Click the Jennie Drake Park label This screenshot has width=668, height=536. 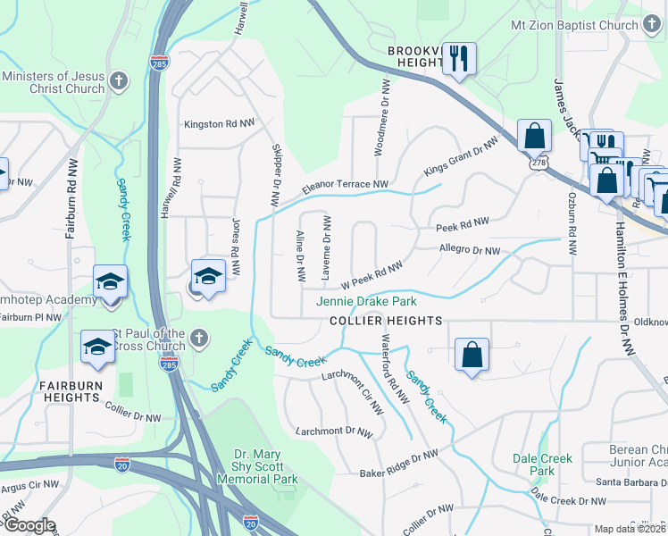coord(366,302)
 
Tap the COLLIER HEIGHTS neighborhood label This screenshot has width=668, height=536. coord(386,321)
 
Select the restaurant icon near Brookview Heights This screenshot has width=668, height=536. coord(459,60)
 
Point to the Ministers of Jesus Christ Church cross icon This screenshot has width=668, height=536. coord(118,83)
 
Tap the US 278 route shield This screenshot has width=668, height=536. coord(537,163)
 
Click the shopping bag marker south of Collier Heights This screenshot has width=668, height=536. coord(472,355)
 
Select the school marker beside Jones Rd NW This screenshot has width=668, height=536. coord(208,276)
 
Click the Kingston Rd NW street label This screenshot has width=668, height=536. coord(219,124)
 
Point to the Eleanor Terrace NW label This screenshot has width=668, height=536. coord(345,186)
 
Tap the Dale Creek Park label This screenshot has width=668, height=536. coord(542,465)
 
